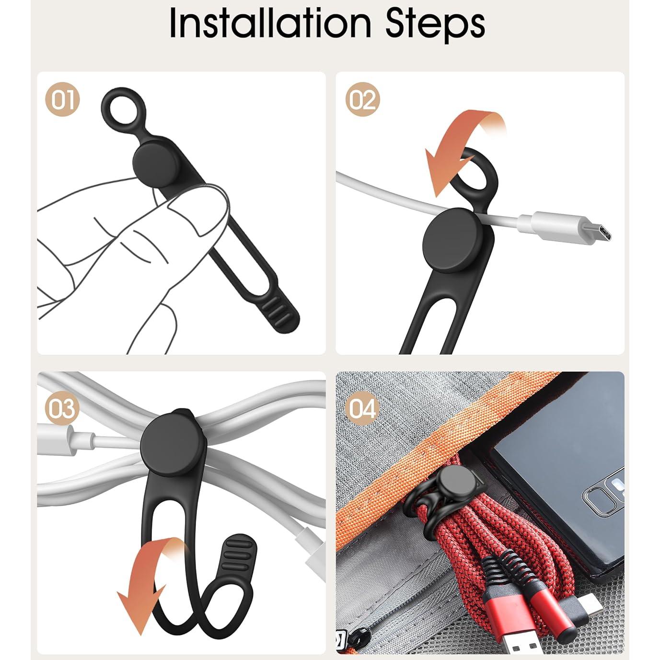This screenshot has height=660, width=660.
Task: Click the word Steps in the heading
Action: click(x=435, y=24)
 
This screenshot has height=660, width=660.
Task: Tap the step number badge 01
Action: click(x=62, y=99)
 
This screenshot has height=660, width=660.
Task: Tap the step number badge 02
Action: click(x=362, y=99)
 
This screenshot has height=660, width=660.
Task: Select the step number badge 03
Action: click(x=62, y=408)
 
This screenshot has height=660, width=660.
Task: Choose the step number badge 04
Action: click(x=362, y=408)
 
